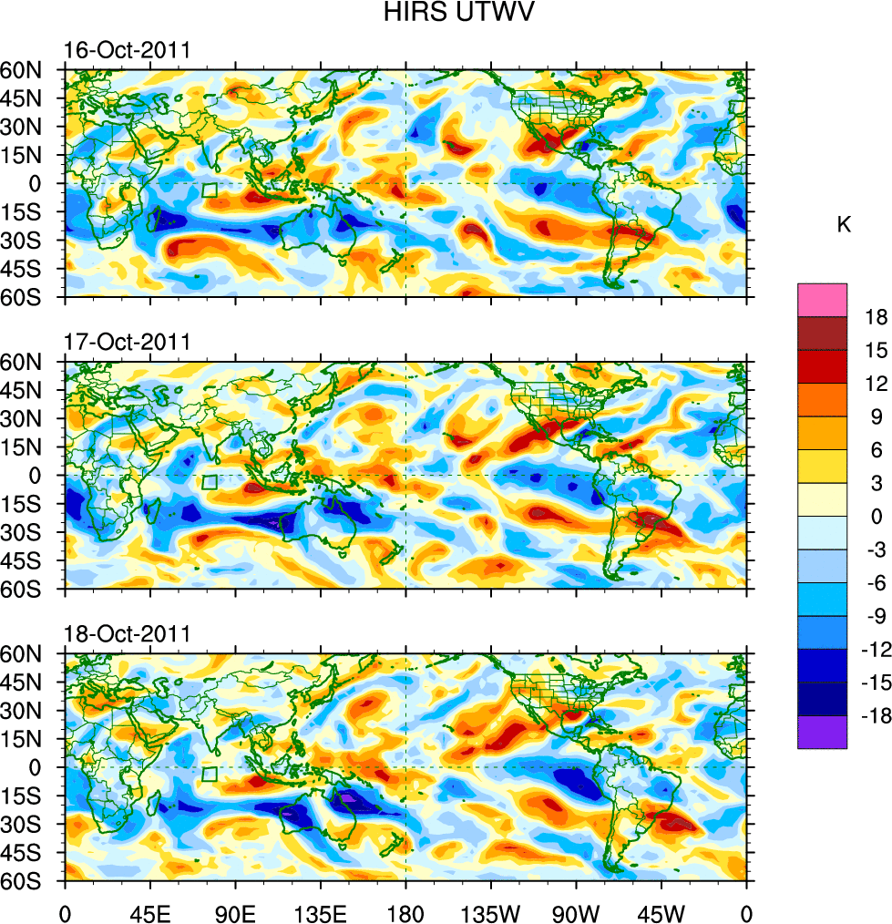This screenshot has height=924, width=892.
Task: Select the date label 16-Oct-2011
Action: (127, 49)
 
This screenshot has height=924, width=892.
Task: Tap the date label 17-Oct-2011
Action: (127, 342)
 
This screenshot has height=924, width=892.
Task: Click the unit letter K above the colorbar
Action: (844, 224)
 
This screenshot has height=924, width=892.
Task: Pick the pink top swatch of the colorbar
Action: (823, 300)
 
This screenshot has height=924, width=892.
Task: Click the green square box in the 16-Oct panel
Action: (209, 190)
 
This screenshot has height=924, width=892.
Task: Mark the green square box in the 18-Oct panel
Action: (209, 775)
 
